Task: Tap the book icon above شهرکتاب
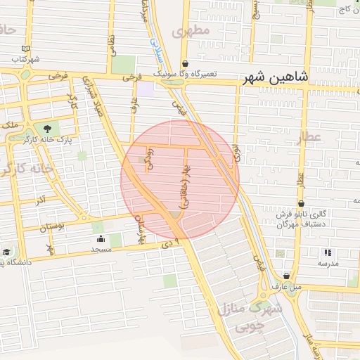click(25, 48)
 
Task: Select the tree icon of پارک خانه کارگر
click(46, 129)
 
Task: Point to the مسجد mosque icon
click(98, 238)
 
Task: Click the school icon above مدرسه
click(327, 252)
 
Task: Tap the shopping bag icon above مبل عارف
click(286, 276)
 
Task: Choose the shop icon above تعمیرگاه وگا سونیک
click(184, 63)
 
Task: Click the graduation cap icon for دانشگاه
click(6, 252)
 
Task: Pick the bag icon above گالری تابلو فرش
click(301, 203)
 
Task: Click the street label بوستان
click(51, 227)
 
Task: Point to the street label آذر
click(40, 200)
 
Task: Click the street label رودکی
click(149, 158)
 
